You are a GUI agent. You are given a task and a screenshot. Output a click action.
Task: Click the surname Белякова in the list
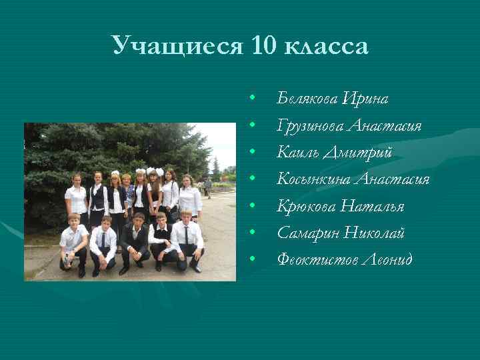click(307, 99)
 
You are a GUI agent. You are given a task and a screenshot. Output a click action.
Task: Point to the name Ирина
click(365, 99)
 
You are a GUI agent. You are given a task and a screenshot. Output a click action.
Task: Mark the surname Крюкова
click(305, 206)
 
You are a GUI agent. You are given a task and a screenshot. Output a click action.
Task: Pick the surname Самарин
click(306, 233)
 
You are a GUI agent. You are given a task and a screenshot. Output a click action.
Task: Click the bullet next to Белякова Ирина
click(253, 99)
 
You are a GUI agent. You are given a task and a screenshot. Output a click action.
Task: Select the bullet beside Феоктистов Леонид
click(253, 258)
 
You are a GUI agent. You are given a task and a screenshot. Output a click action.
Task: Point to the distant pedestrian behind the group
click(208, 187)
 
